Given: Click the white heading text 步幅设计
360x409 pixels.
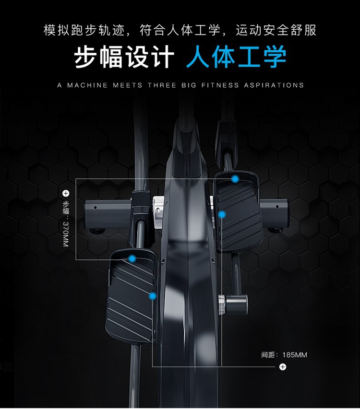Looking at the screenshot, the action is coord(124,58).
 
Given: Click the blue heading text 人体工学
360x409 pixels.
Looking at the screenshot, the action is coord(236,58).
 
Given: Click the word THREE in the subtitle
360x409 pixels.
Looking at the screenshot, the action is coord(162,85).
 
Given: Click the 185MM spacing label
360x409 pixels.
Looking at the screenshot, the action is coord(294,355).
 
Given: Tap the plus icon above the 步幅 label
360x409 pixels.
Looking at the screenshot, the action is coord(66,193).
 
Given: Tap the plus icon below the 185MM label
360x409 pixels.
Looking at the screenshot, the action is coord(283,367).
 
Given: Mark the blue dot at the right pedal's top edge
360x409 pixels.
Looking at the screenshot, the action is coord(235,179).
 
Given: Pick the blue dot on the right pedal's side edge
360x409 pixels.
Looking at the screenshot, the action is coord(222,214).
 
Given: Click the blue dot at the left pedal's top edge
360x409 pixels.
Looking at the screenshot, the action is coord(132,259).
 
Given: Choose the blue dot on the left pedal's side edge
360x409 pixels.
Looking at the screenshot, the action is coord(153,296).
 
